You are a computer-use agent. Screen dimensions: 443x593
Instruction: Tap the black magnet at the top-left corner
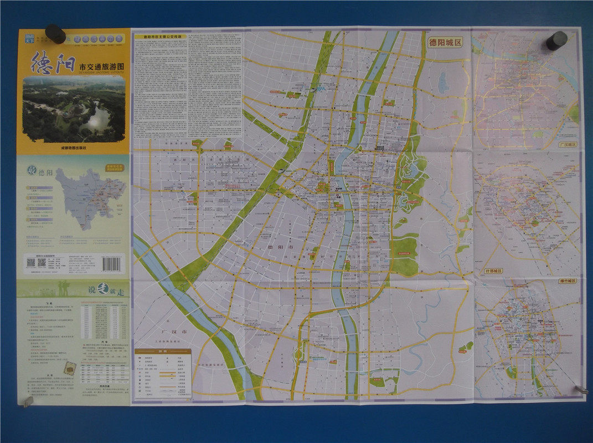click(55, 34)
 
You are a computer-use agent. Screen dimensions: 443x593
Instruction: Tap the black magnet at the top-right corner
click(556, 40)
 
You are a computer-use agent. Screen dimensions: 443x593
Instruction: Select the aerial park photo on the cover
click(74, 110)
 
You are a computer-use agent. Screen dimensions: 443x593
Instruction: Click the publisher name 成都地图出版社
click(75, 148)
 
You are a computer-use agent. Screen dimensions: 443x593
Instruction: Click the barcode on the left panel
click(114, 262)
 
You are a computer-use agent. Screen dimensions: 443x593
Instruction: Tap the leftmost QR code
click(31, 262)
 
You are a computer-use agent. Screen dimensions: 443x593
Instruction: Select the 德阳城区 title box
click(448, 42)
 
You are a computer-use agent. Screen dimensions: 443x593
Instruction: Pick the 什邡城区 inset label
click(492, 271)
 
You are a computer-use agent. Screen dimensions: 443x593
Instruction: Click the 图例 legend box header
click(163, 351)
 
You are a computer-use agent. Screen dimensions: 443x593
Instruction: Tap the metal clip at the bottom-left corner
click(25, 400)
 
